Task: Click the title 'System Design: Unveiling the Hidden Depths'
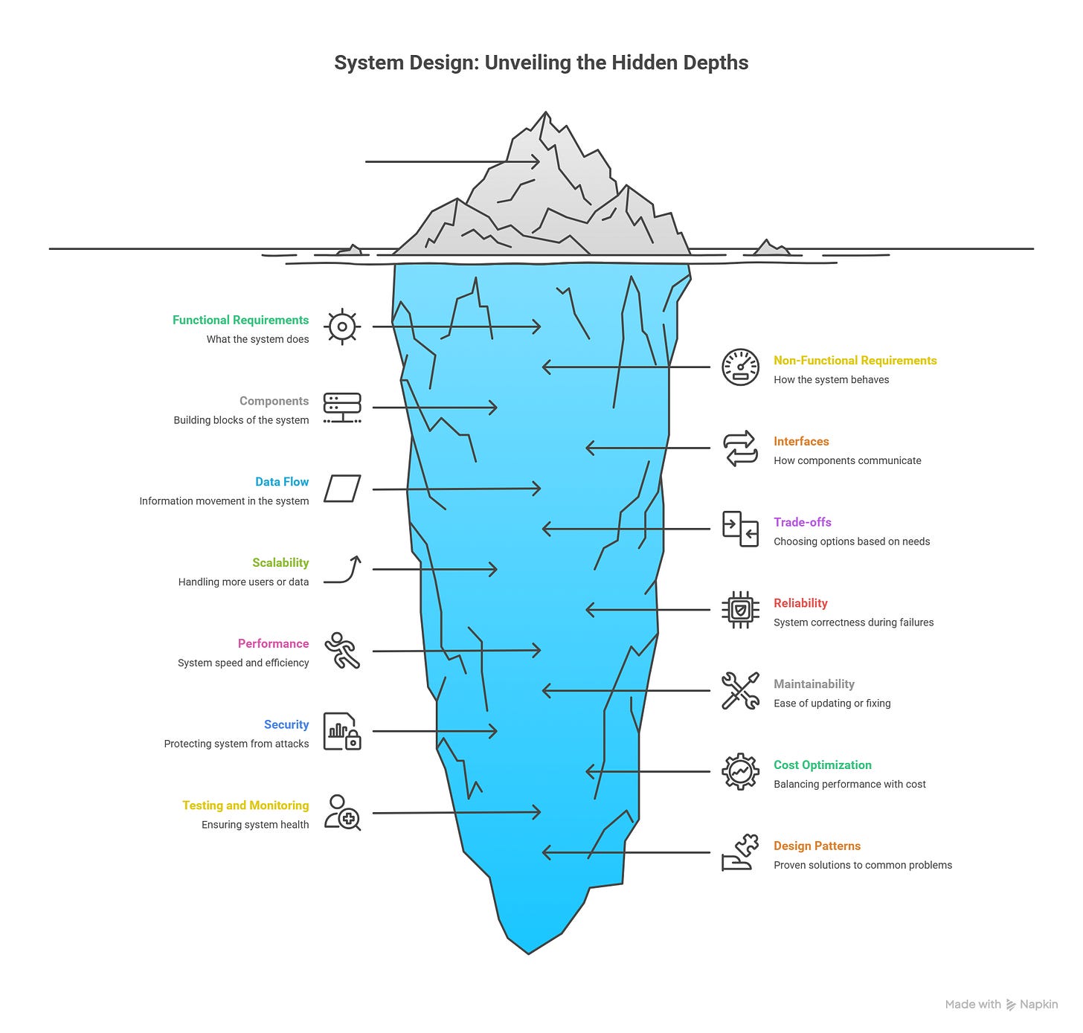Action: (x=541, y=62)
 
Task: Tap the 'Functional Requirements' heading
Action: (x=240, y=320)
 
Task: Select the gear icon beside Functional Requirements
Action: (x=342, y=326)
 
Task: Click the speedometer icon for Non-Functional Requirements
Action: (x=740, y=367)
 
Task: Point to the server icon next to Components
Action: (x=342, y=408)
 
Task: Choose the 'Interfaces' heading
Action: (x=801, y=441)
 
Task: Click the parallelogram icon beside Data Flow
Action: (x=342, y=489)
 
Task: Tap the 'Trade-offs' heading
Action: (x=803, y=522)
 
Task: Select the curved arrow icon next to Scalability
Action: (x=343, y=569)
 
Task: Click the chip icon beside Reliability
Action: (x=740, y=610)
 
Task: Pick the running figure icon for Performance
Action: (x=342, y=651)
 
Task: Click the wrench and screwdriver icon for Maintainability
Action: (x=740, y=691)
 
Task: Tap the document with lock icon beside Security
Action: (x=342, y=731)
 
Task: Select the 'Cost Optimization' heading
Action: (x=822, y=765)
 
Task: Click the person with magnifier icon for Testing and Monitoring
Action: (x=342, y=812)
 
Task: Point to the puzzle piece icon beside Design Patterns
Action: (x=740, y=853)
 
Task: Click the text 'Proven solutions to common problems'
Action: (x=863, y=865)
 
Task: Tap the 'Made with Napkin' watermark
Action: (x=1000, y=1005)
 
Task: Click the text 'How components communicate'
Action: (x=847, y=460)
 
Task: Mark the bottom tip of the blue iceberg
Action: (x=528, y=952)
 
